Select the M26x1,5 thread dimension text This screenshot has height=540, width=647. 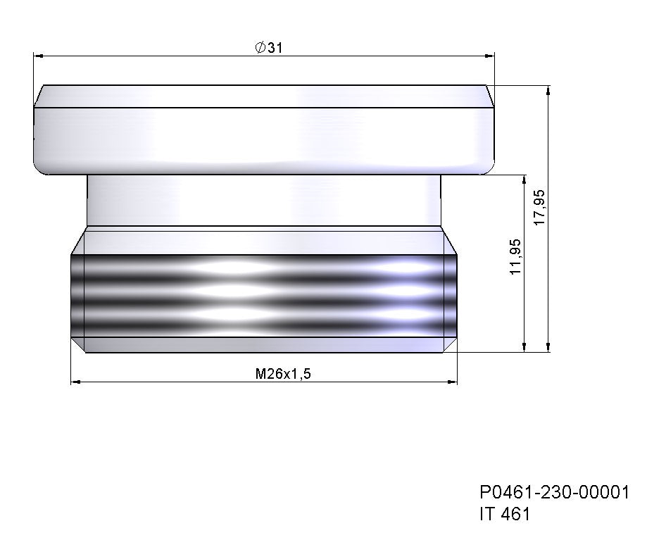tap(282, 374)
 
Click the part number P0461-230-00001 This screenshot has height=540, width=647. tap(553, 492)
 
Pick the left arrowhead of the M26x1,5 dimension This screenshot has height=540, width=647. tap(76, 382)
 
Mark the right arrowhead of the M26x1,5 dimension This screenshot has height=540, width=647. tap(452, 382)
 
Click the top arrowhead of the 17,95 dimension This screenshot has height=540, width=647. tap(548, 91)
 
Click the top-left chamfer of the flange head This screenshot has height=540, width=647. tap(39, 96)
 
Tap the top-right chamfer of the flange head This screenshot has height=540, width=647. tap(489, 96)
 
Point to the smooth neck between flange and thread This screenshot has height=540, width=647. tap(264, 201)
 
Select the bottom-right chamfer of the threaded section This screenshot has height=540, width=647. tap(450, 345)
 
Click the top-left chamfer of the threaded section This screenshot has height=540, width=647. tap(77, 241)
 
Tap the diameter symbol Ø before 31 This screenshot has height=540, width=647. tap(259, 47)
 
